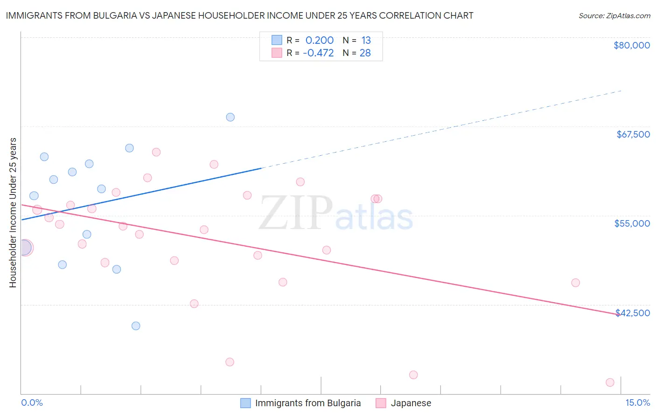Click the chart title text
[x=239, y=15]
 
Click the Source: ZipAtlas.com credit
[x=614, y=15]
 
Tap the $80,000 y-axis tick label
[x=631, y=45]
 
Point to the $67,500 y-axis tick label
[x=633, y=134]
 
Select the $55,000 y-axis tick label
[x=632, y=223]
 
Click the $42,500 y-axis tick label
[x=633, y=313]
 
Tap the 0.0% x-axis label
[x=32, y=402]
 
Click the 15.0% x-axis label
[x=637, y=402]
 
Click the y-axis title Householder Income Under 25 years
[x=13, y=212]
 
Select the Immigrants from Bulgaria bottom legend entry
[x=301, y=403]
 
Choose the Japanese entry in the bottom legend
[x=404, y=403]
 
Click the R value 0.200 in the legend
[x=320, y=41]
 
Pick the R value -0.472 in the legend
[x=318, y=53]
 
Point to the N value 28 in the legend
[x=365, y=53]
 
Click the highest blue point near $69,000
[x=230, y=117]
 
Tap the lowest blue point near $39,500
[x=136, y=326]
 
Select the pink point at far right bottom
[x=610, y=382]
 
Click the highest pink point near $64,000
[x=156, y=152]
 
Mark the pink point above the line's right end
[x=575, y=283]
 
